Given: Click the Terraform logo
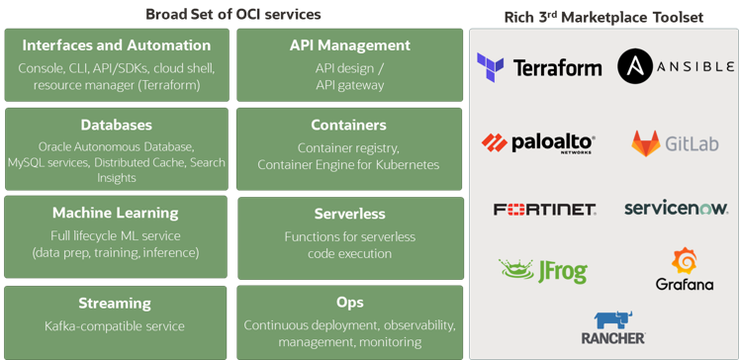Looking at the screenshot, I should (538, 67).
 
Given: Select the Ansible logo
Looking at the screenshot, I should (676, 67).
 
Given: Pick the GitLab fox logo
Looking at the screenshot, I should (646, 143).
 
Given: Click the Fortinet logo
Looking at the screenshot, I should (544, 209).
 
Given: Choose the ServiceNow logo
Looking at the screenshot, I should (676, 208).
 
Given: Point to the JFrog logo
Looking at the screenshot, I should (543, 270).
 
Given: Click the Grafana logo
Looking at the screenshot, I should (684, 270).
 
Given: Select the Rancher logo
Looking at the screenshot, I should (612, 327).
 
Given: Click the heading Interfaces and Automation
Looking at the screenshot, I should (117, 45).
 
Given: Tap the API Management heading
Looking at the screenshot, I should (350, 45).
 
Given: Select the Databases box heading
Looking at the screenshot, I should (117, 125).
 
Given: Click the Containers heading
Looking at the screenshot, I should (348, 125).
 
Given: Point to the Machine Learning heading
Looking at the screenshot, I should (116, 213).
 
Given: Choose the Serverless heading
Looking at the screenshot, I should (349, 214).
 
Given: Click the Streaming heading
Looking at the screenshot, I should (115, 303).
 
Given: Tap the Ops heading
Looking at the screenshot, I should (350, 302).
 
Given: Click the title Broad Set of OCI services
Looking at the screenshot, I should (233, 14).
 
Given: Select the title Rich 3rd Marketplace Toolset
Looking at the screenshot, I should (603, 16).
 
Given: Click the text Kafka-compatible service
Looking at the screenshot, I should (115, 326).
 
